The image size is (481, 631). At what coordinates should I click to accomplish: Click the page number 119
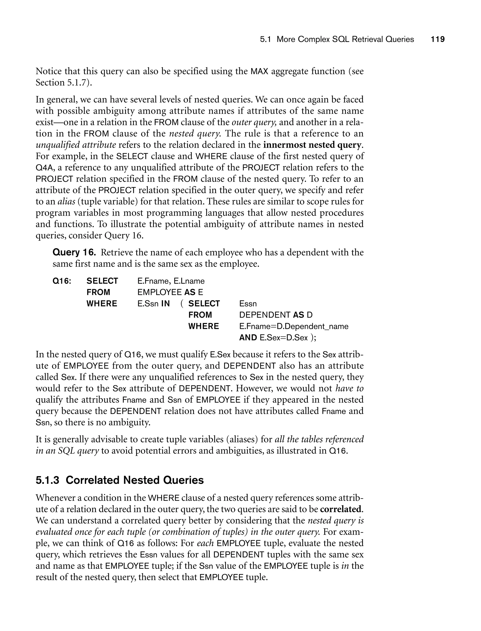coord(438,39)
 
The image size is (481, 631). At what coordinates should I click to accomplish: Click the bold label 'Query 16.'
coord(74,252)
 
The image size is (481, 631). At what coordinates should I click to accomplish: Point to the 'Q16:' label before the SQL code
coord(62,281)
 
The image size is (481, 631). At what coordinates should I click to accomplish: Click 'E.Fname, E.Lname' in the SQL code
coord(171,281)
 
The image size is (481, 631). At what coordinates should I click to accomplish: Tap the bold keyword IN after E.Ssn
coord(166,304)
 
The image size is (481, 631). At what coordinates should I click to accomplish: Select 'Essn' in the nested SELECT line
coord(248,304)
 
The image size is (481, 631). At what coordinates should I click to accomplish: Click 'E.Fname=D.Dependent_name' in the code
coord(294,326)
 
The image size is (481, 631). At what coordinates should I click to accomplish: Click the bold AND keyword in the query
coord(248,338)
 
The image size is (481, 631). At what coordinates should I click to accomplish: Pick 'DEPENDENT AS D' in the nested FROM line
coord(276,315)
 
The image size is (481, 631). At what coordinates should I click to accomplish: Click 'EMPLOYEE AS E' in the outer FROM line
coord(170,292)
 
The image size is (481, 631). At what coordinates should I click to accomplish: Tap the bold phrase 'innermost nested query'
coord(312,145)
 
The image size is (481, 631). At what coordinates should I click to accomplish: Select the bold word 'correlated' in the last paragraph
coord(340,509)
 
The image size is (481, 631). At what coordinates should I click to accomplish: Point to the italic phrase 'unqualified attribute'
coord(76,145)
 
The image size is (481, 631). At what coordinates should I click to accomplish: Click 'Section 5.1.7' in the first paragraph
coord(60,83)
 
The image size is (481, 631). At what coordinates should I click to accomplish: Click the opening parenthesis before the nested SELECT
coord(182,304)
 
